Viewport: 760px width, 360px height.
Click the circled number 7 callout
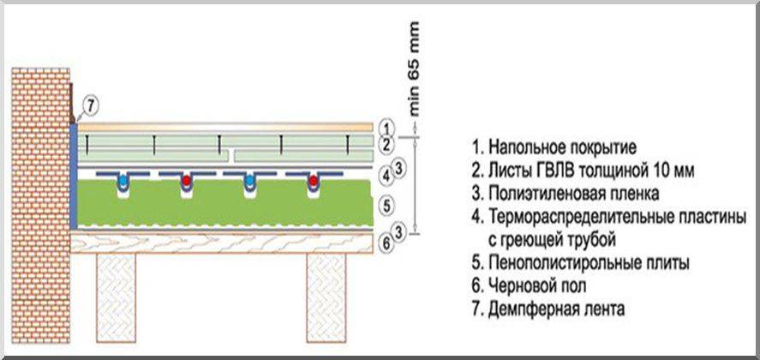pyautogui.click(x=92, y=107)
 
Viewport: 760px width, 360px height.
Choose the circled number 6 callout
pyautogui.click(x=386, y=244)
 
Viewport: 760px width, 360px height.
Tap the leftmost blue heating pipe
pyautogui.click(x=125, y=183)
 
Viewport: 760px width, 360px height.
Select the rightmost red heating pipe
pyautogui.click(x=314, y=183)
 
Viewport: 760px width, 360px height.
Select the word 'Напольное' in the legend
pyautogui.click(x=524, y=145)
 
